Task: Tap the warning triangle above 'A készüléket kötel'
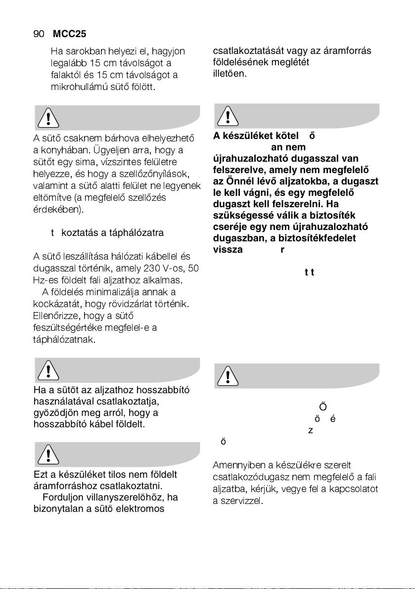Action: coord(228,116)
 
